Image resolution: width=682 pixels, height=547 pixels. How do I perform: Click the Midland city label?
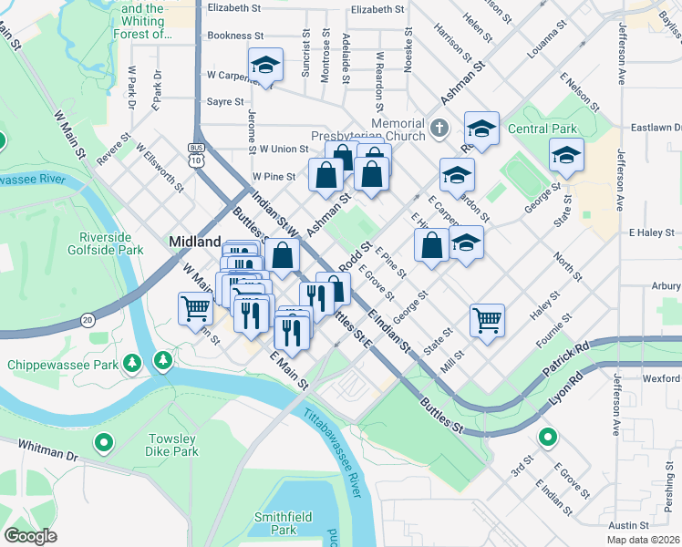click(195, 242)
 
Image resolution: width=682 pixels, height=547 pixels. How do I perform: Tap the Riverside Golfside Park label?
click(105, 243)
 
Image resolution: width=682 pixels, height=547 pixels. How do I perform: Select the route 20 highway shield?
click(88, 319)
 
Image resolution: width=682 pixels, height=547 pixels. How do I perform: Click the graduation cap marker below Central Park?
click(566, 155)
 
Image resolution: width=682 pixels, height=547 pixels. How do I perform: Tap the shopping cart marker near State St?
click(488, 319)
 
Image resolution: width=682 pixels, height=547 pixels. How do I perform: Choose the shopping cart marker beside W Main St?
click(196, 310)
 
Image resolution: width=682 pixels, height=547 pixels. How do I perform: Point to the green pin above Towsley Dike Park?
click(162, 362)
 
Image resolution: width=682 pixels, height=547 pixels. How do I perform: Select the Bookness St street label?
click(235, 36)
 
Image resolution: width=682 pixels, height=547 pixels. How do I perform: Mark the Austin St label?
click(628, 526)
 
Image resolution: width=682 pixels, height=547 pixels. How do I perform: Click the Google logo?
click(31, 536)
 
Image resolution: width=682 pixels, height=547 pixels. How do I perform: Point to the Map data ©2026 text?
click(644, 540)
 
